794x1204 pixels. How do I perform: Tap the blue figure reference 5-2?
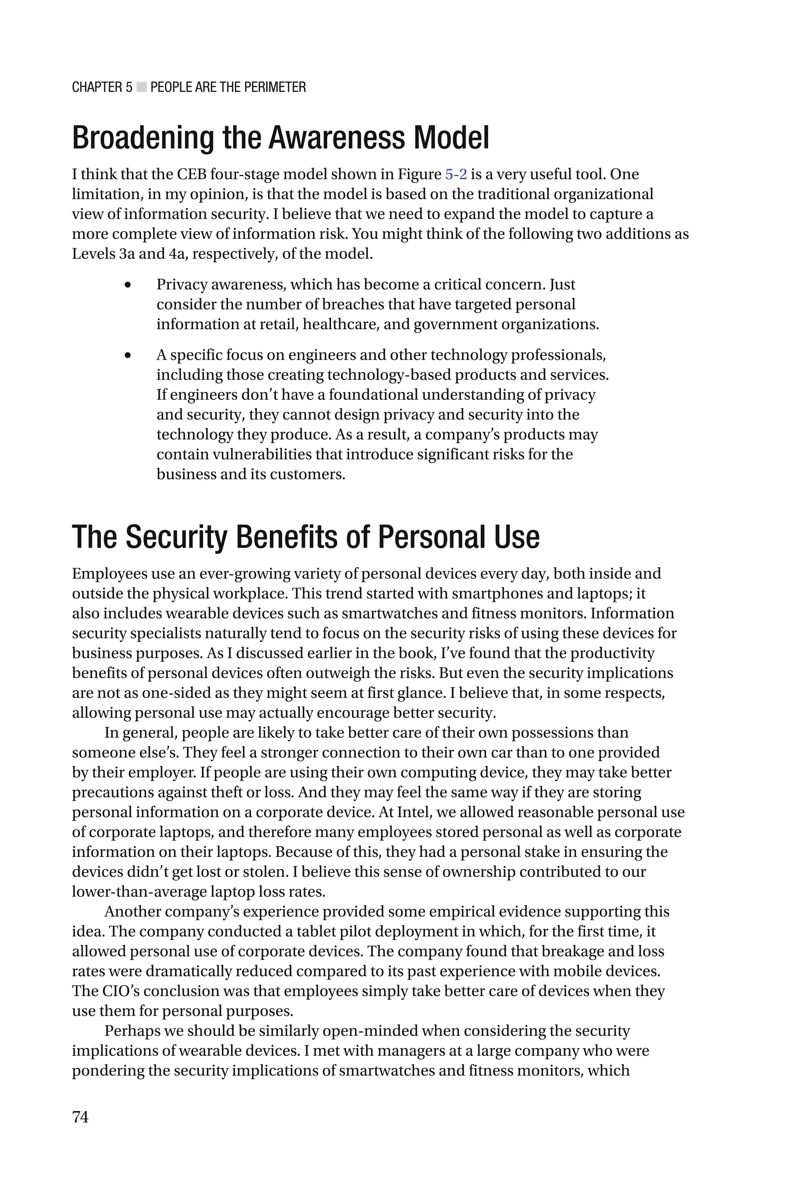[456, 174]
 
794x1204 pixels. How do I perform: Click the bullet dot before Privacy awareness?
[128, 285]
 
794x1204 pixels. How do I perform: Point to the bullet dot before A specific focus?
[128, 356]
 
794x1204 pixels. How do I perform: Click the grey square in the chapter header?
[141, 87]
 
